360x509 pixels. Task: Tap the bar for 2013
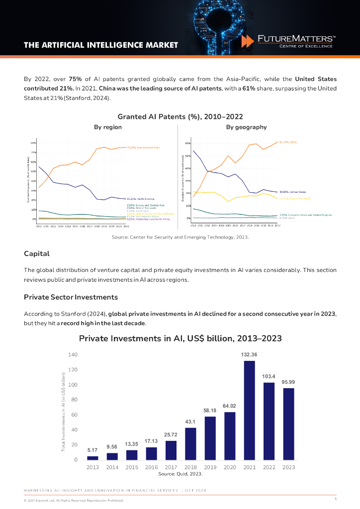point(92,458)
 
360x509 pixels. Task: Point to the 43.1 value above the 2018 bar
point(190,422)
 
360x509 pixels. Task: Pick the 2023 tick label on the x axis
point(288,467)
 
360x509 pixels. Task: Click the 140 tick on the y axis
point(73,355)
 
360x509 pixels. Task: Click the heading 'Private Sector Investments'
point(71,297)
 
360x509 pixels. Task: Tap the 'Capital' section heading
point(37,254)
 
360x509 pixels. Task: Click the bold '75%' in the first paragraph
point(76,79)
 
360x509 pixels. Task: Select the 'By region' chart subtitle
point(108,127)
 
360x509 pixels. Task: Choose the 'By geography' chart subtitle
point(246,127)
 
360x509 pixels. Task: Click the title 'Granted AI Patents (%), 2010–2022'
point(180,116)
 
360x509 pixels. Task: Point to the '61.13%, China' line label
point(288,142)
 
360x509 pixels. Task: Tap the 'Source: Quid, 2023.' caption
point(180,474)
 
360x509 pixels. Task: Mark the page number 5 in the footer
point(336,499)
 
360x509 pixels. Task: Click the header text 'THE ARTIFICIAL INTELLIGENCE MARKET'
point(101,45)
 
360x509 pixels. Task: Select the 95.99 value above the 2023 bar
point(288,382)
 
